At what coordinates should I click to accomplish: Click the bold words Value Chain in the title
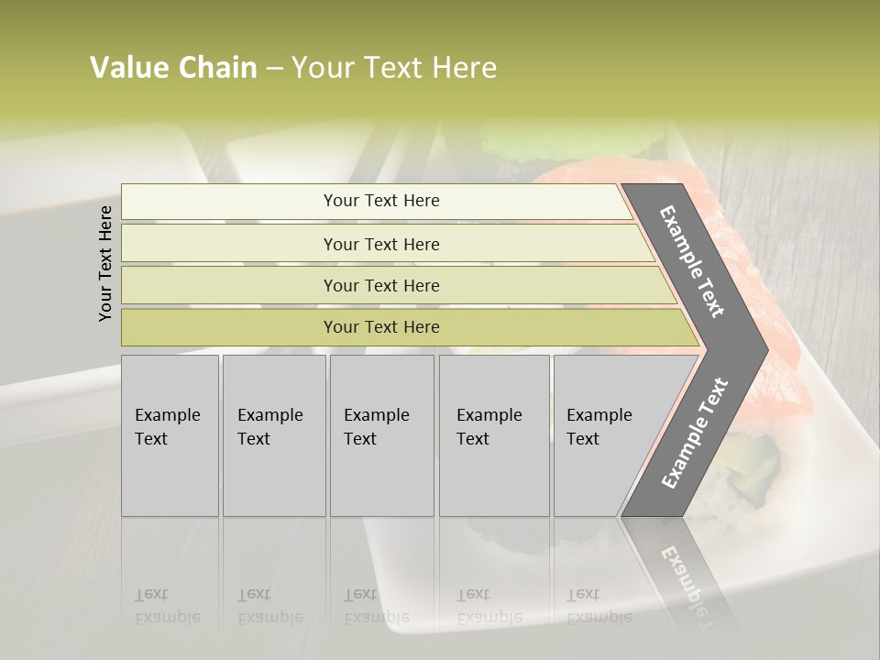[173, 68]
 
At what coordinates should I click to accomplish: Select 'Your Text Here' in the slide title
[394, 68]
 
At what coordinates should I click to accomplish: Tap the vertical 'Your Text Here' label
[105, 263]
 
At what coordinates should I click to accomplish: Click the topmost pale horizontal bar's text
[381, 201]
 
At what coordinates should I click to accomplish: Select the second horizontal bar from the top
[381, 244]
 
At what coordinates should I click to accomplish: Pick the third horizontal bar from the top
[381, 285]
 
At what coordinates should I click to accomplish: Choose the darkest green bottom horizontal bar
[381, 327]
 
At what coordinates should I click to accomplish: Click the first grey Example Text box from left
[169, 435]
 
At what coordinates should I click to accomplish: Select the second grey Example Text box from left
[273, 435]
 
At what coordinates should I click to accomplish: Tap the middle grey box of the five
[380, 435]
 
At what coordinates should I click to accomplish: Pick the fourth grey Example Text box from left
[493, 435]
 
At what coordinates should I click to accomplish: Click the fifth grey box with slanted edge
[600, 435]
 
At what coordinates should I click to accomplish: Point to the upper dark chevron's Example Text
[692, 261]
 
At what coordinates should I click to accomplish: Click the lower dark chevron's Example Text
[695, 434]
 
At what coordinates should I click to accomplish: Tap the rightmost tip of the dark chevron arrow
[766, 349]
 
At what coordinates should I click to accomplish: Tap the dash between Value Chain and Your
[274, 69]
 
